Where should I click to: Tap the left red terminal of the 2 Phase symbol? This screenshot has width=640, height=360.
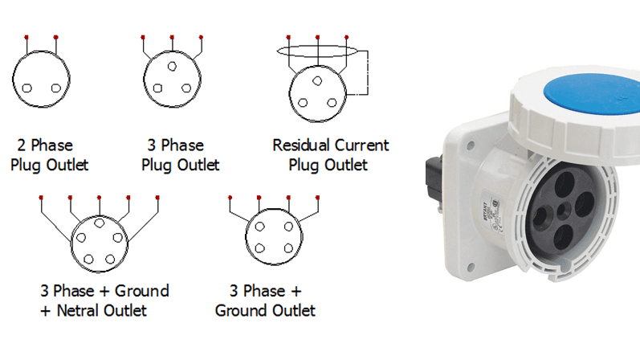(x=27, y=38)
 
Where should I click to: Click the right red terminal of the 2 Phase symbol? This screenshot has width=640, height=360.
(x=56, y=38)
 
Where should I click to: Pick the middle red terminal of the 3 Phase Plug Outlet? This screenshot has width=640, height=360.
(x=172, y=38)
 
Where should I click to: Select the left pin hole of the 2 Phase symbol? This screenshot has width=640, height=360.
(x=26, y=88)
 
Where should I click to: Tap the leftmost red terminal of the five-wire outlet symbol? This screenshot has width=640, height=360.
(x=41, y=196)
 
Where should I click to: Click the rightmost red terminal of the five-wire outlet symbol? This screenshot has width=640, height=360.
(x=157, y=196)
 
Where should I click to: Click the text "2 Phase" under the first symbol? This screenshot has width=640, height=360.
(x=45, y=145)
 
